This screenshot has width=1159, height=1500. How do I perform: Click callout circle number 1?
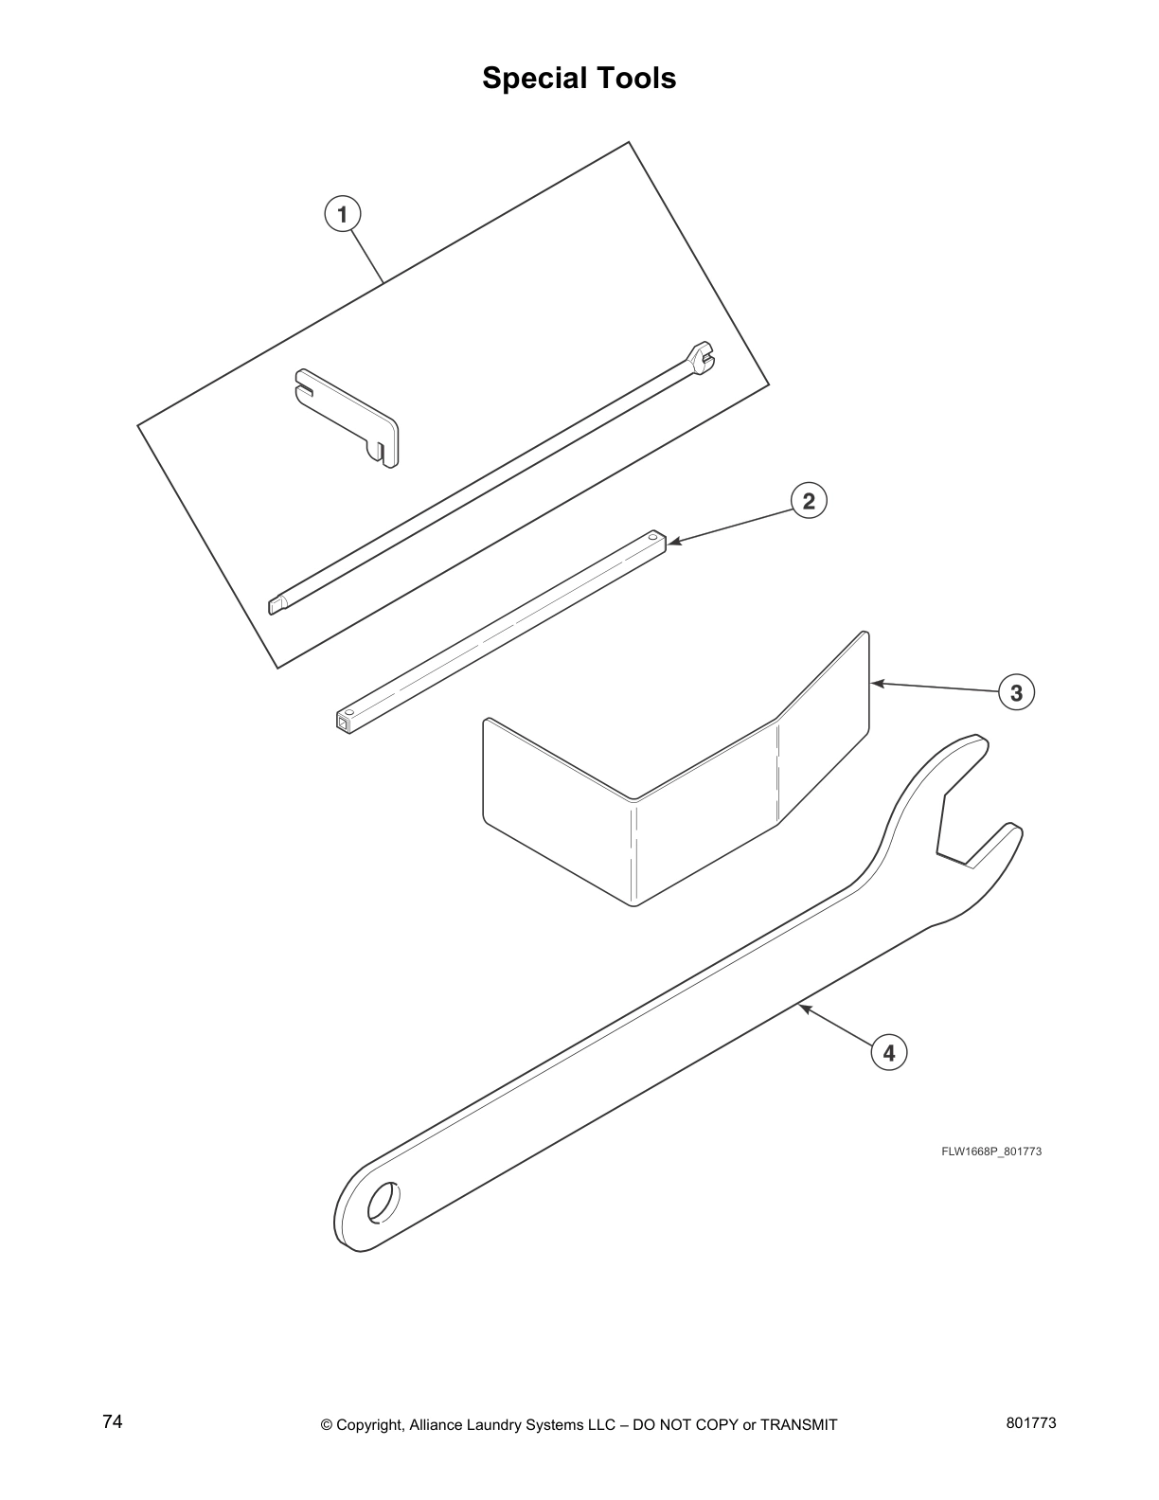pyautogui.click(x=342, y=213)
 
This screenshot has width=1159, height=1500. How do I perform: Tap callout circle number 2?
pyautogui.click(x=809, y=500)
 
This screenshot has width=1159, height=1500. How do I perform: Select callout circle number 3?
pyautogui.click(x=1016, y=692)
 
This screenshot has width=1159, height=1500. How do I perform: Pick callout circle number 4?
pyautogui.click(x=888, y=1052)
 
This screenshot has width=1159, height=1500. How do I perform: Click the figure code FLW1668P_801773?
pyautogui.click(x=990, y=1152)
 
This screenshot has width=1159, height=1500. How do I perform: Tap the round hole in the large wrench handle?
pyautogui.click(x=383, y=1203)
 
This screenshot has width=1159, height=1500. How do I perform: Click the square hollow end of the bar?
pyautogui.click(x=343, y=726)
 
